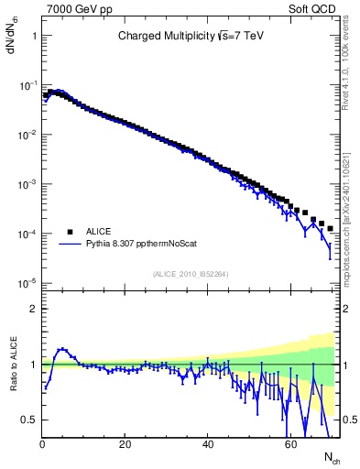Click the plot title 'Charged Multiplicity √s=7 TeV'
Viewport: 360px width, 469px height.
(x=191, y=37)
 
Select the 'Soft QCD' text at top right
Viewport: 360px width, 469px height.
(x=316, y=8)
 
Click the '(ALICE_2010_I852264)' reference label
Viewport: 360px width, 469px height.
(x=191, y=274)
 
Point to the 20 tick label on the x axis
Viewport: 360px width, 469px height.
(x=125, y=442)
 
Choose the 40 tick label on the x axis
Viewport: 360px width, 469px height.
(x=207, y=442)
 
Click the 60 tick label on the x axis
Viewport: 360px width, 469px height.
(x=289, y=442)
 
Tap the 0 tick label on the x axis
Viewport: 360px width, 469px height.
(x=42, y=442)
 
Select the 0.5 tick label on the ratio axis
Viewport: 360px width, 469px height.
(x=27, y=420)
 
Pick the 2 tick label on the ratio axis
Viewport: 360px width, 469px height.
(x=32, y=309)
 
